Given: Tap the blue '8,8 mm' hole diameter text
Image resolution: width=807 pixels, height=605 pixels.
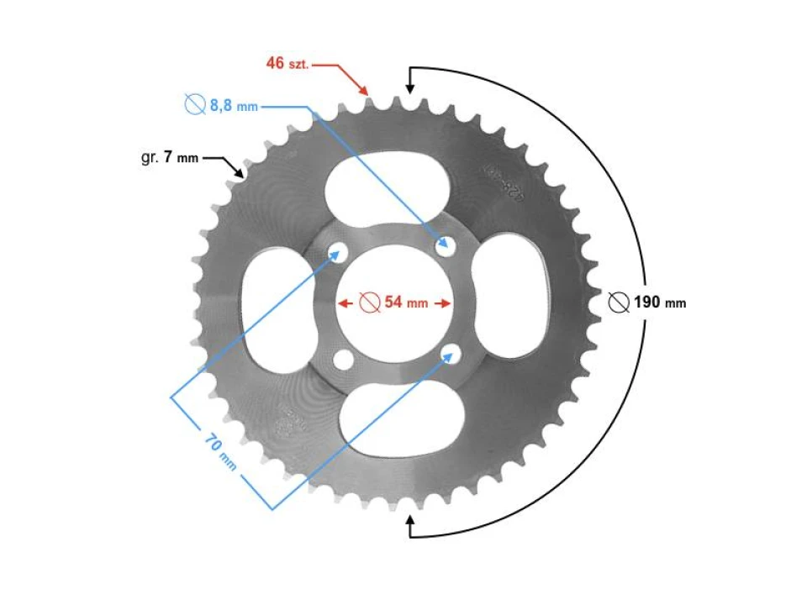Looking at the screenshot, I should (x=233, y=106).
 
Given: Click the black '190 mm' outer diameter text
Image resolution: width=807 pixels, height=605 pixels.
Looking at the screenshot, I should (x=660, y=302).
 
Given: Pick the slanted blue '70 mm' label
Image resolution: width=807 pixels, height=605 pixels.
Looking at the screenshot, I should (x=220, y=451).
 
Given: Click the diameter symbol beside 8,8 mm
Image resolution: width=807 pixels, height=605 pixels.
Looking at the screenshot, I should (x=194, y=105).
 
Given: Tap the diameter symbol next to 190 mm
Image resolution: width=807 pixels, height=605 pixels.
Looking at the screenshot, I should (x=619, y=302).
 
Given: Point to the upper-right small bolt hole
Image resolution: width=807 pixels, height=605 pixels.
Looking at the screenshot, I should (x=445, y=245).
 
